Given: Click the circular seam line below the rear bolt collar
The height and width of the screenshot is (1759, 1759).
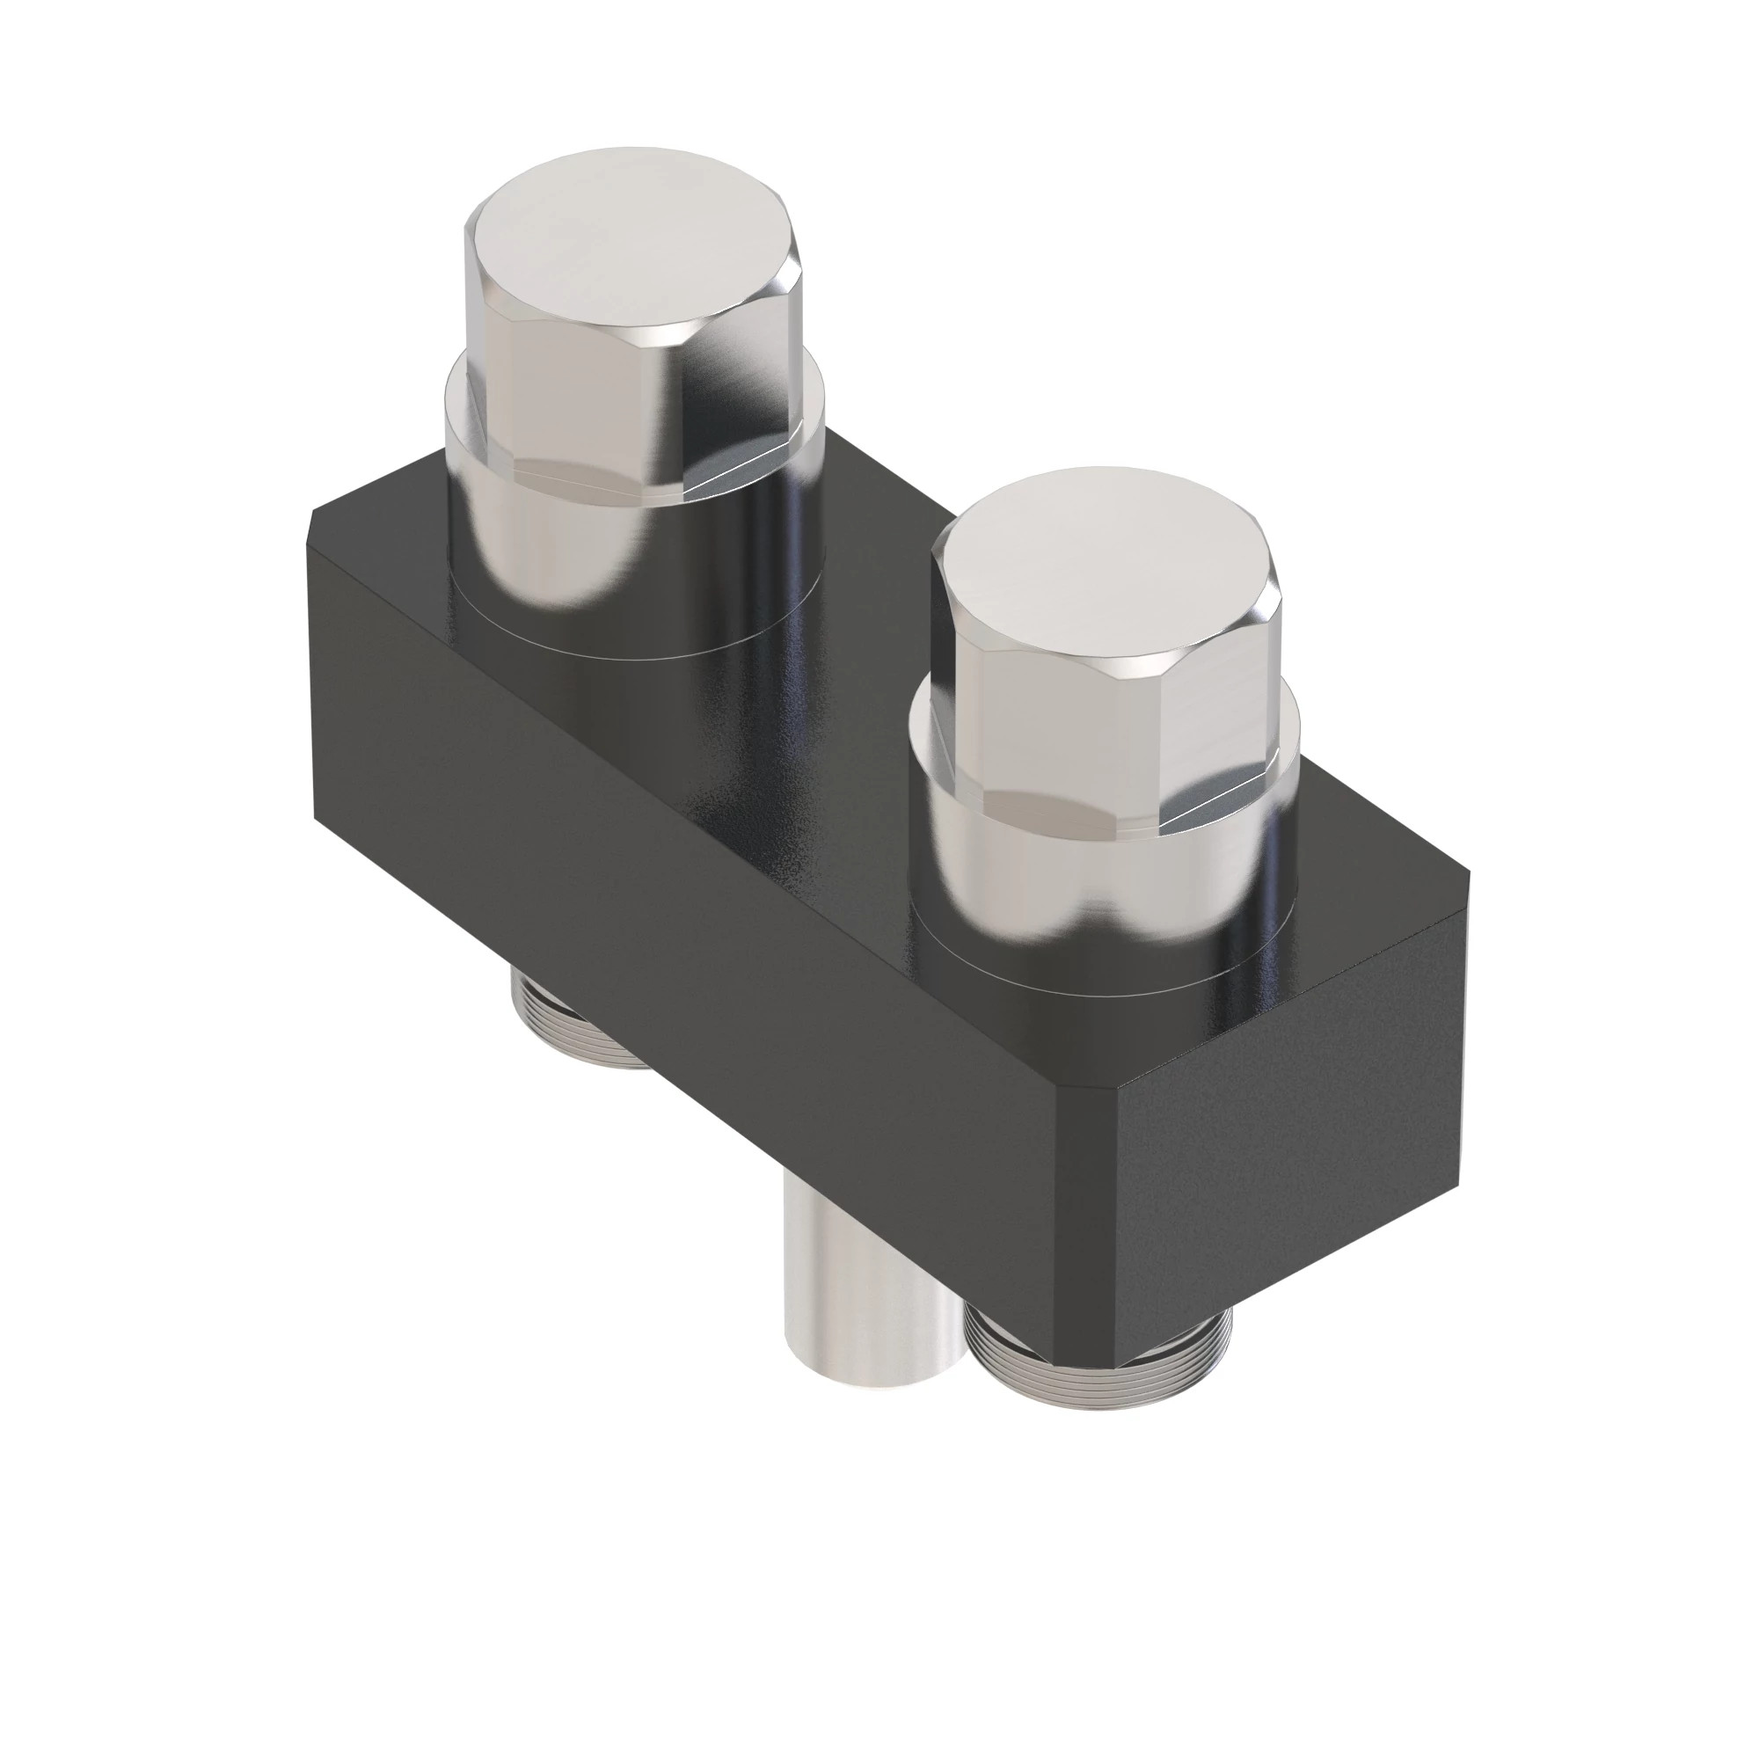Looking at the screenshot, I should click(628, 658).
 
